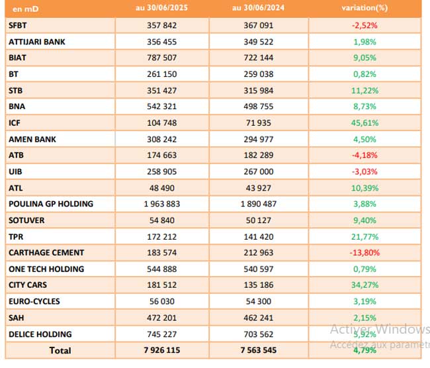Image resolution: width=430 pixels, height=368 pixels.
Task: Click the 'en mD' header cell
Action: click(x=26, y=9)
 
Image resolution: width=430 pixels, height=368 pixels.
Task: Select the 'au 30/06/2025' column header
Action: click(x=161, y=8)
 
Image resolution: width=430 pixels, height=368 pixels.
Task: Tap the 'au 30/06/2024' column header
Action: click(x=258, y=8)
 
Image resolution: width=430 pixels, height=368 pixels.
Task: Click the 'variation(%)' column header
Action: click(x=365, y=8)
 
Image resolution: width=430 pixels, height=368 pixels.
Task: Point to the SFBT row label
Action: click(x=18, y=26)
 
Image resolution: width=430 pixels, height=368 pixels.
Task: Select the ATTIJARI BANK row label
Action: click(x=37, y=42)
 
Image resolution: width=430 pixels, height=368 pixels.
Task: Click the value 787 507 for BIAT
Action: click(x=162, y=58)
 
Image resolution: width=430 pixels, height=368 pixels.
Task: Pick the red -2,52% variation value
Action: click(x=365, y=26)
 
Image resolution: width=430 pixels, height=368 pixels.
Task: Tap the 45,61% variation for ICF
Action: click(x=365, y=123)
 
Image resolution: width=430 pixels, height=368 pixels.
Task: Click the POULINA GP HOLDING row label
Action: click(x=51, y=204)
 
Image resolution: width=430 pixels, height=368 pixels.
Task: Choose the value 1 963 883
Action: click(x=162, y=204)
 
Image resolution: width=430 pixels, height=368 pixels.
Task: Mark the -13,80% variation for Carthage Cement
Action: click(x=365, y=253)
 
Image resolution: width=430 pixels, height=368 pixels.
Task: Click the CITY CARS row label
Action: click(x=28, y=285)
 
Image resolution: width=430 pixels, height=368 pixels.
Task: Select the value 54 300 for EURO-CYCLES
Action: click(x=258, y=301)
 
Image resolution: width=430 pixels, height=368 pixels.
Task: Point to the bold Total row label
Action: click(x=60, y=350)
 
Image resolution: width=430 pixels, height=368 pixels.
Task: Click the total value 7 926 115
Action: click(x=162, y=350)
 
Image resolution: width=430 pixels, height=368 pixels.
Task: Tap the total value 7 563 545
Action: click(x=258, y=350)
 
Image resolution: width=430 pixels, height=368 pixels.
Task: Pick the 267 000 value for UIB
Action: click(x=258, y=172)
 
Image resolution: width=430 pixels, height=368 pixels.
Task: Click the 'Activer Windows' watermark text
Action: click(x=380, y=329)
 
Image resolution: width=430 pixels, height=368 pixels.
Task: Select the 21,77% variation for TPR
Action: click(x=365, y=237)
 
